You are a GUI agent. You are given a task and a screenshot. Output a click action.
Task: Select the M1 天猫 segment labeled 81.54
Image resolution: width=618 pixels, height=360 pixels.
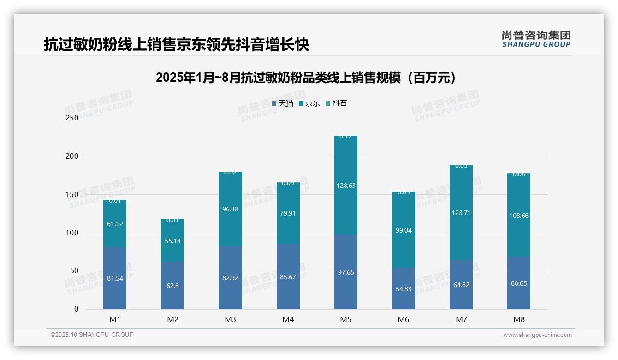point(115,278)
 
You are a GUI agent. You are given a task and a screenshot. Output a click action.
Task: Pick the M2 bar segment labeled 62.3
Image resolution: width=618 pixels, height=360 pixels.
point(172,286)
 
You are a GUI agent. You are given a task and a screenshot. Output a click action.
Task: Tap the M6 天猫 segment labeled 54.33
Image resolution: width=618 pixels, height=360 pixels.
point(404,288)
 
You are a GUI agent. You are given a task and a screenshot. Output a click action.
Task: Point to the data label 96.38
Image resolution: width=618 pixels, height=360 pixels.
point(230,209)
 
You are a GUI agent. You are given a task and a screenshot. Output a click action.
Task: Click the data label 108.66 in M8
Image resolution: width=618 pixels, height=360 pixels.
point(519,216)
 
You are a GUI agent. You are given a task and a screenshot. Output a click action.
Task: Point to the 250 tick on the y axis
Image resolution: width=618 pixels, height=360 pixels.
point(72,118)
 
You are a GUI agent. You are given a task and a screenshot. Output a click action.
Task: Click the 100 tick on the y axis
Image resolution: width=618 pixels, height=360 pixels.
point(72,233)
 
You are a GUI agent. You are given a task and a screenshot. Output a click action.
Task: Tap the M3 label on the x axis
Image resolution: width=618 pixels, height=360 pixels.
point(230,319)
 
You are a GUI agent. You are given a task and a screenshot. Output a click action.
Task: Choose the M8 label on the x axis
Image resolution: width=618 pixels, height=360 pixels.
point(519,319)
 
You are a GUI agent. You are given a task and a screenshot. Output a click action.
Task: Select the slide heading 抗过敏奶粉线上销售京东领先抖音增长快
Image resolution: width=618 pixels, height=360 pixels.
point(176,45)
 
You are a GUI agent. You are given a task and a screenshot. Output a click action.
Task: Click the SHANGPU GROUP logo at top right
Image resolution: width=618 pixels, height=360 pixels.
point(536,39)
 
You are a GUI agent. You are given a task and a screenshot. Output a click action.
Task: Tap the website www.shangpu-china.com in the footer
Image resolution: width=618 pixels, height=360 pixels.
point(537,335)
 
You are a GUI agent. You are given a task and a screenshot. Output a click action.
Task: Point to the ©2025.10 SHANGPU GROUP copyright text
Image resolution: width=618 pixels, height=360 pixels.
point(92,335)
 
